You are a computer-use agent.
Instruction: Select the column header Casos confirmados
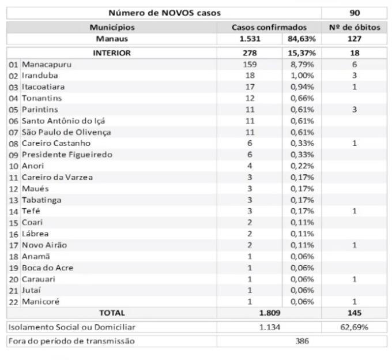pos(269,27)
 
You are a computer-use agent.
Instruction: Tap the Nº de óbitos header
pos(355,27)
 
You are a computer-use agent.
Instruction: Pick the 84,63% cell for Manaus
pos(301,39)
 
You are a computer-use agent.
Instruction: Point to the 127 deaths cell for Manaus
pos(355,39)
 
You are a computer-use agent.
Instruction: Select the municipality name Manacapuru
pos(44,65)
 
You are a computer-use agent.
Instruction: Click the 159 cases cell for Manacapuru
pos(250,65)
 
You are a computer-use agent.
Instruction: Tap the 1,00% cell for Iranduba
pos(301,76)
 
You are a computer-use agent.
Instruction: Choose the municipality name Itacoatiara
pos(43,87)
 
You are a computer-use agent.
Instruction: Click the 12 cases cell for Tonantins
pos(250,98)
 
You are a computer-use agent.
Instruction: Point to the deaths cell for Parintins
pos(355,110)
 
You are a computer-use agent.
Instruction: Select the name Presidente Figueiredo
pos(67,155)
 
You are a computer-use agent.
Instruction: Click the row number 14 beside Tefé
pos(13,211)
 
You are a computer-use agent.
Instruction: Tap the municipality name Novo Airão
pos(44,245)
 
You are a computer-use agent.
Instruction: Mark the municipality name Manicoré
pos(40,301)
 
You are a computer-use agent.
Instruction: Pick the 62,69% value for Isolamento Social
pos(355,328)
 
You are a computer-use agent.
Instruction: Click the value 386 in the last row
pos(301,341)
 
